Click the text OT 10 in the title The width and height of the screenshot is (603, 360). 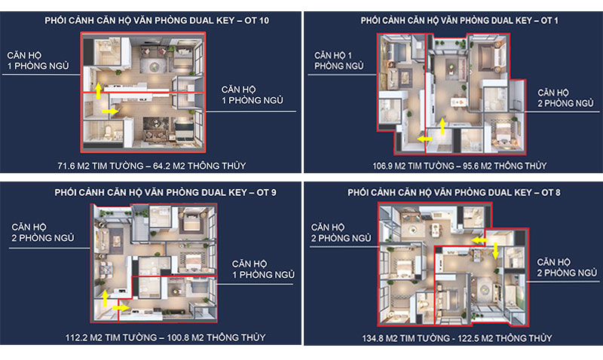(x=256, y=20)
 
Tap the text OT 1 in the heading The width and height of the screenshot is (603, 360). (x=549, y=20)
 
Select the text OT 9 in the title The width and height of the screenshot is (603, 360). (x=267, y=192)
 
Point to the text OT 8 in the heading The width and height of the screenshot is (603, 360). (x=551, y=192)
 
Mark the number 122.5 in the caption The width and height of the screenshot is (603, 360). (x=464, y=338)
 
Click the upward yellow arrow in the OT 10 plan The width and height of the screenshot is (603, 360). (x=99, y=90)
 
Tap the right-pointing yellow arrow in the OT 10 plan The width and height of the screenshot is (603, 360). (x=110, y=111)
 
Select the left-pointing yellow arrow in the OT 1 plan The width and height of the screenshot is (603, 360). (x=425, y=139)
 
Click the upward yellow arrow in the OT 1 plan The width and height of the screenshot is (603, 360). (x=442, y=126)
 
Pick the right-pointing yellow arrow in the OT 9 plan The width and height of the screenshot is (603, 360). (x=121, y=308)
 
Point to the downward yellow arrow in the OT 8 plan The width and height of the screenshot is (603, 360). (x=496, y=251)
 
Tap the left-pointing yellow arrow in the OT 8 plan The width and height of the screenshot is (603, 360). (x=479, y=240)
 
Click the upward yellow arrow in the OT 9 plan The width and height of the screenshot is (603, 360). (x=105, y=298)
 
